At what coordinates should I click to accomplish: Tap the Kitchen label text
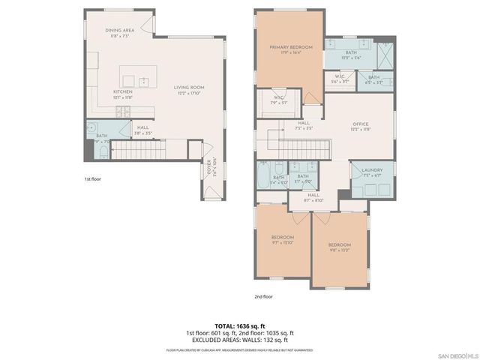click(123, 91)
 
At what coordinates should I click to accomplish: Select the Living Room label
click(189, 88)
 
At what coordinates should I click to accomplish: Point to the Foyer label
click(209, 166)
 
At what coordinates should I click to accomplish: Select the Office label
click(362, 124)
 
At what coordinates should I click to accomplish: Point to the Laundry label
click(372, 170)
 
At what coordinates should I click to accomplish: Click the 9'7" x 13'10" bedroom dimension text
click(283, 241)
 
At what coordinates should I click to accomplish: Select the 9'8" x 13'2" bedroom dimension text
click(339, 249)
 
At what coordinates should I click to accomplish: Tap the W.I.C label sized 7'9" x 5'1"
click(278, 97)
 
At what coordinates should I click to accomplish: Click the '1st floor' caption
click(93, 180)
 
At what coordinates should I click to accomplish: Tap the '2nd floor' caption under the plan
click(263, 296)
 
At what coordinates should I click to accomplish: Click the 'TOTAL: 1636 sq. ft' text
click(239, 325)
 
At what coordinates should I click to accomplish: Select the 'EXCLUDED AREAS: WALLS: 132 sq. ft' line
click(239, 339)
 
